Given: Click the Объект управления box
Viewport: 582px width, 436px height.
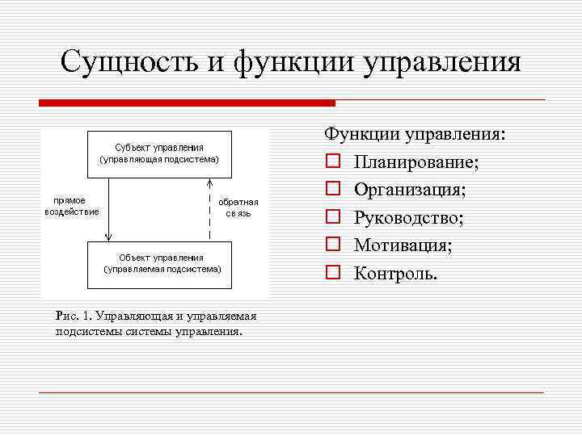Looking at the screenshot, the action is point(159,262).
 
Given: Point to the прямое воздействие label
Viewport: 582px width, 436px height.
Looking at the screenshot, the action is point(72,206).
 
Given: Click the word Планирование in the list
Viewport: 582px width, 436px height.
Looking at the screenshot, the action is point(415,162).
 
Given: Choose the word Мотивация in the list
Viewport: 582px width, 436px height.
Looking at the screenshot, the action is point(403,245).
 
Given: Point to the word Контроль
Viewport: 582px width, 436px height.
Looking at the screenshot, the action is point(395,274).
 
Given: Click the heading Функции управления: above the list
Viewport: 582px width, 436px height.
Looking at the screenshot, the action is point(415,134).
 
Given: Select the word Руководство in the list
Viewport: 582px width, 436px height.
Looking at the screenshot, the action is point(407,218).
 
